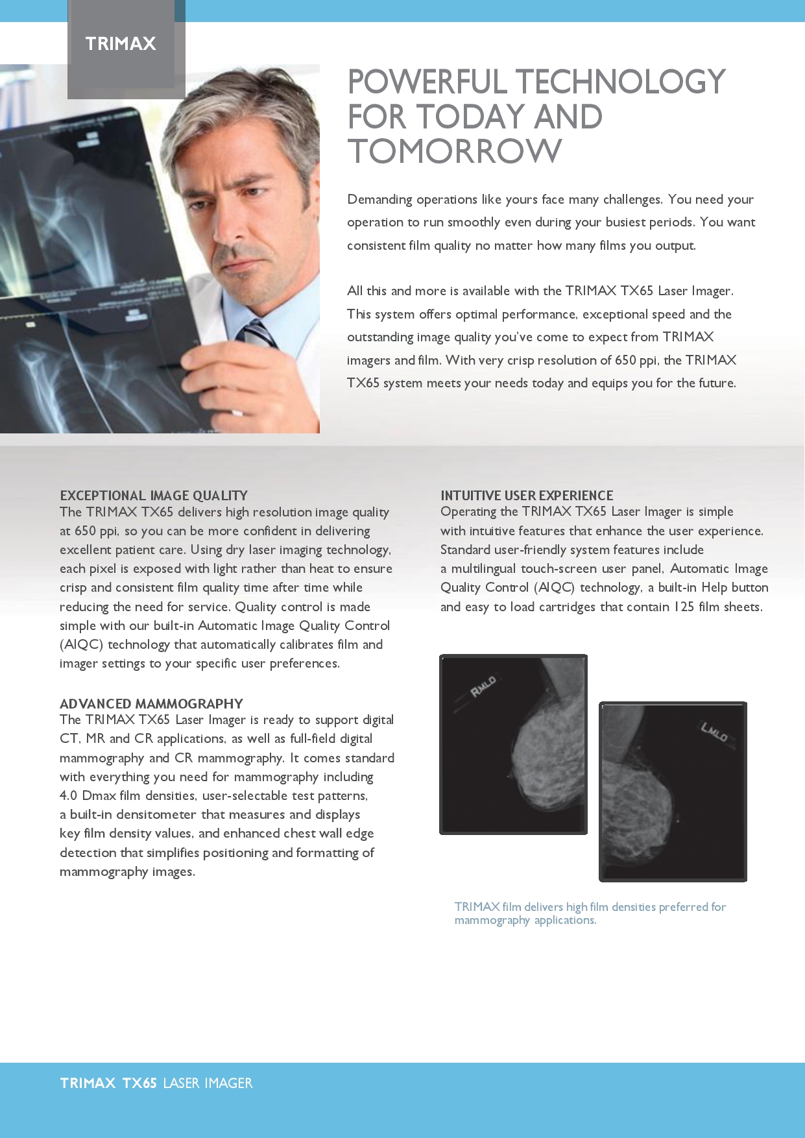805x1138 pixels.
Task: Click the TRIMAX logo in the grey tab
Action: [121, 43]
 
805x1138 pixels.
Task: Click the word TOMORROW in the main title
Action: [455, 151]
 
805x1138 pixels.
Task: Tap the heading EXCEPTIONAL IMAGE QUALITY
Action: [154, 496]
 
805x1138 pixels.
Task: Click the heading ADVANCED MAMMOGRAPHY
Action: [151, 704]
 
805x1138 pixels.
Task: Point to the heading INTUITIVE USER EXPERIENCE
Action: [527, 496]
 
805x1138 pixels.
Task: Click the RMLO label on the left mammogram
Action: [483, 686]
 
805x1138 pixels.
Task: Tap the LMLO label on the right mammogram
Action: [714, 731]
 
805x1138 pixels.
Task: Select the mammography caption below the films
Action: [590, 913]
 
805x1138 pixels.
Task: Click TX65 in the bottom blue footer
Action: [139, 1083]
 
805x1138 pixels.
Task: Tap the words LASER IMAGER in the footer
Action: [208, 1083]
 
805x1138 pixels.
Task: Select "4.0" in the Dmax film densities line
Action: [68, 795]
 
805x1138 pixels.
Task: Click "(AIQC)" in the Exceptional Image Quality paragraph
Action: [82, 644]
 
